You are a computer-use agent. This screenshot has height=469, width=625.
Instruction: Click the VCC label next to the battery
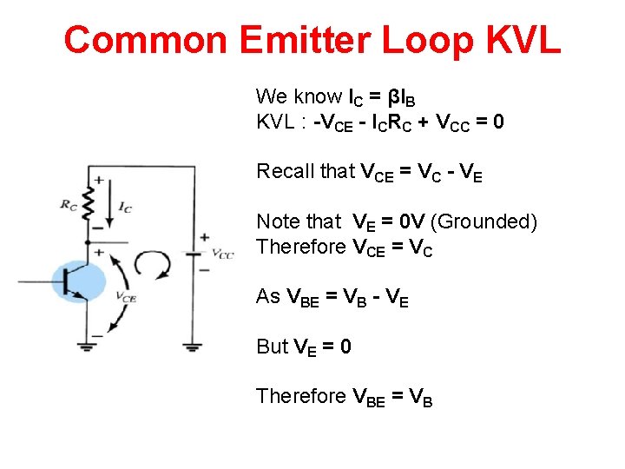(x=223, y=254)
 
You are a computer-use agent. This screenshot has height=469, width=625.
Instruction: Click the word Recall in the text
(x=285, y=171)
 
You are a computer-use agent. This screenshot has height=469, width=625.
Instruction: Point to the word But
(x=272, y=347)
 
